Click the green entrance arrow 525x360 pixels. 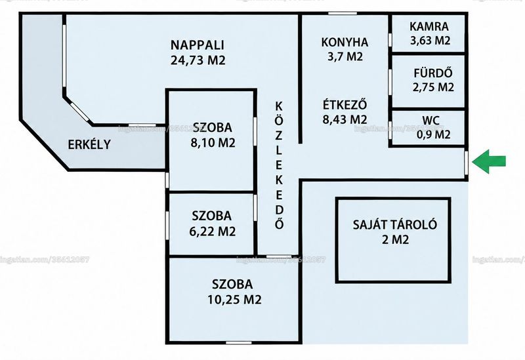[x=489, y=161]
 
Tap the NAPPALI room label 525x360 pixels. [x=198, y=45]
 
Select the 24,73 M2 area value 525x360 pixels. [x=198, y=60]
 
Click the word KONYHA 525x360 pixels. [x=345, y=42]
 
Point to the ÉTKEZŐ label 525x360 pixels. [x=345, y=105]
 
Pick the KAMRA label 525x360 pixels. [x=429, y=26]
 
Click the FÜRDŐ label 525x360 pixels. [x=433, y=73]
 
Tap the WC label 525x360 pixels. [x=431, y=120]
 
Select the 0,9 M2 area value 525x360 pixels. [x=434, y=134]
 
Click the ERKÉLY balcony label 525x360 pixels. [x=89, y=144]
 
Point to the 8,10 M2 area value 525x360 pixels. [x=213, y=143]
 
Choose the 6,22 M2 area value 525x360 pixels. [x=212, y=231]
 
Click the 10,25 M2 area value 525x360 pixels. [x=234, y=300]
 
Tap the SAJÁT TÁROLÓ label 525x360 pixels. [x=395, y=224]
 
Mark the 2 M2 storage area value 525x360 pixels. [x=396, y=239]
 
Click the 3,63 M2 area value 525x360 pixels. [x=430, y=41]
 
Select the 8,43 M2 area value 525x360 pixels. [x=345, y=119]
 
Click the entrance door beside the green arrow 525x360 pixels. [x=466, y=163]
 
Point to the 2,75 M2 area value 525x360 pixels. [x=433, y=87]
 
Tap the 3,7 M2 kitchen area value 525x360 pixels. [x=345, y=56]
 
